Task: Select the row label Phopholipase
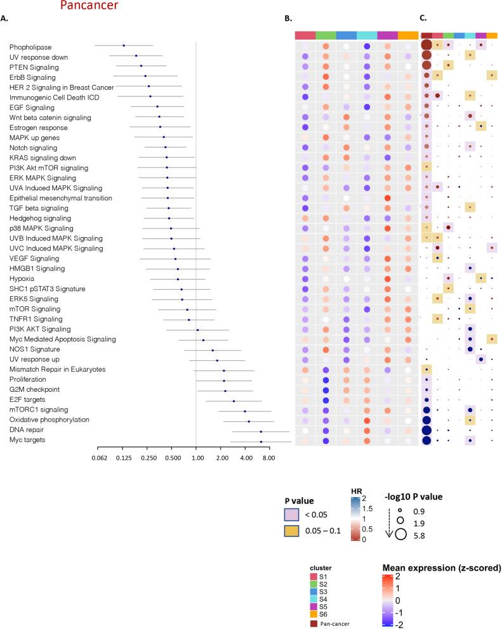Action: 30,46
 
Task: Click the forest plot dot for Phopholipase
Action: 124,46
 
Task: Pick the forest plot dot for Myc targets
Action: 261,441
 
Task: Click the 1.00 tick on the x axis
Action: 196,457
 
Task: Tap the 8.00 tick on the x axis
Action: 268,457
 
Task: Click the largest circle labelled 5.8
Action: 400,534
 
